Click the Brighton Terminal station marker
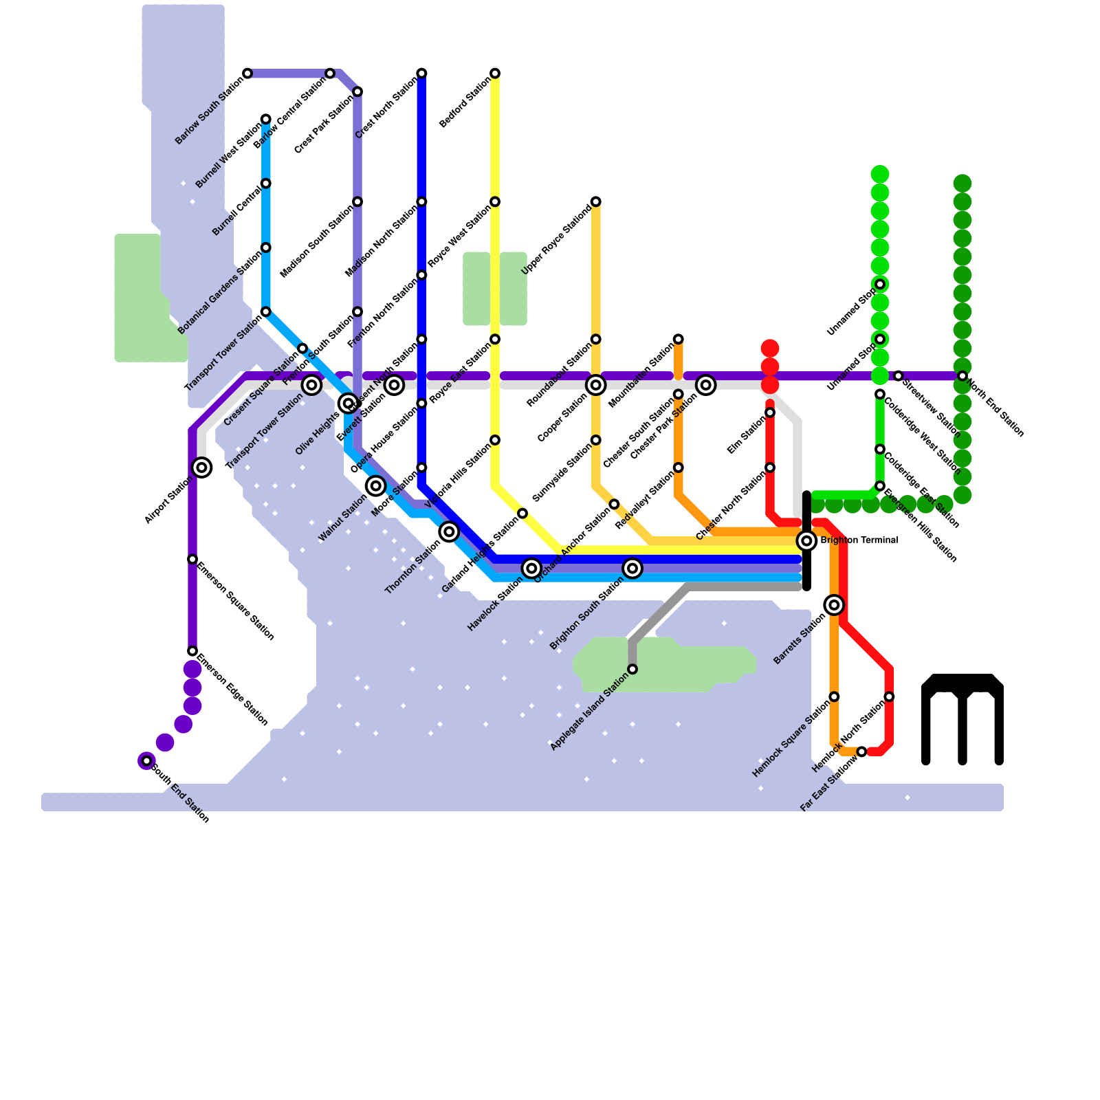click(x=807, y=541)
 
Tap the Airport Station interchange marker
click(x=201, y=467)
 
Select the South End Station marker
click(x=146, y=760)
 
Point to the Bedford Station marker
click(x=495, y=73)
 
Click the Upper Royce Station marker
click(x=596, y=201)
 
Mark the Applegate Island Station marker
click(x=632, y=669)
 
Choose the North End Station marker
click(x=962, y=376)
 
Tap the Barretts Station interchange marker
click(x=835, y=605)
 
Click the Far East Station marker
click(x=862, y=752)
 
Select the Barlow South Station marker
click(x=247, y=73)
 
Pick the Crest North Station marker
click(x=421, y=73)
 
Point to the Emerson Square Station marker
click(x=192, y=559)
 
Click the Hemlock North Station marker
click(x=889, y=696)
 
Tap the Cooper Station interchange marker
click(x=596, y=385)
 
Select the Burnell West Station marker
click(x=266, y=119)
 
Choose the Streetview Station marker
click(x=898, y=376)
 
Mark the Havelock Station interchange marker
click(x=531, y=568)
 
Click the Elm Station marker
click(x=770, y=412)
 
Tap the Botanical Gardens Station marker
click(x=266, y=247)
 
